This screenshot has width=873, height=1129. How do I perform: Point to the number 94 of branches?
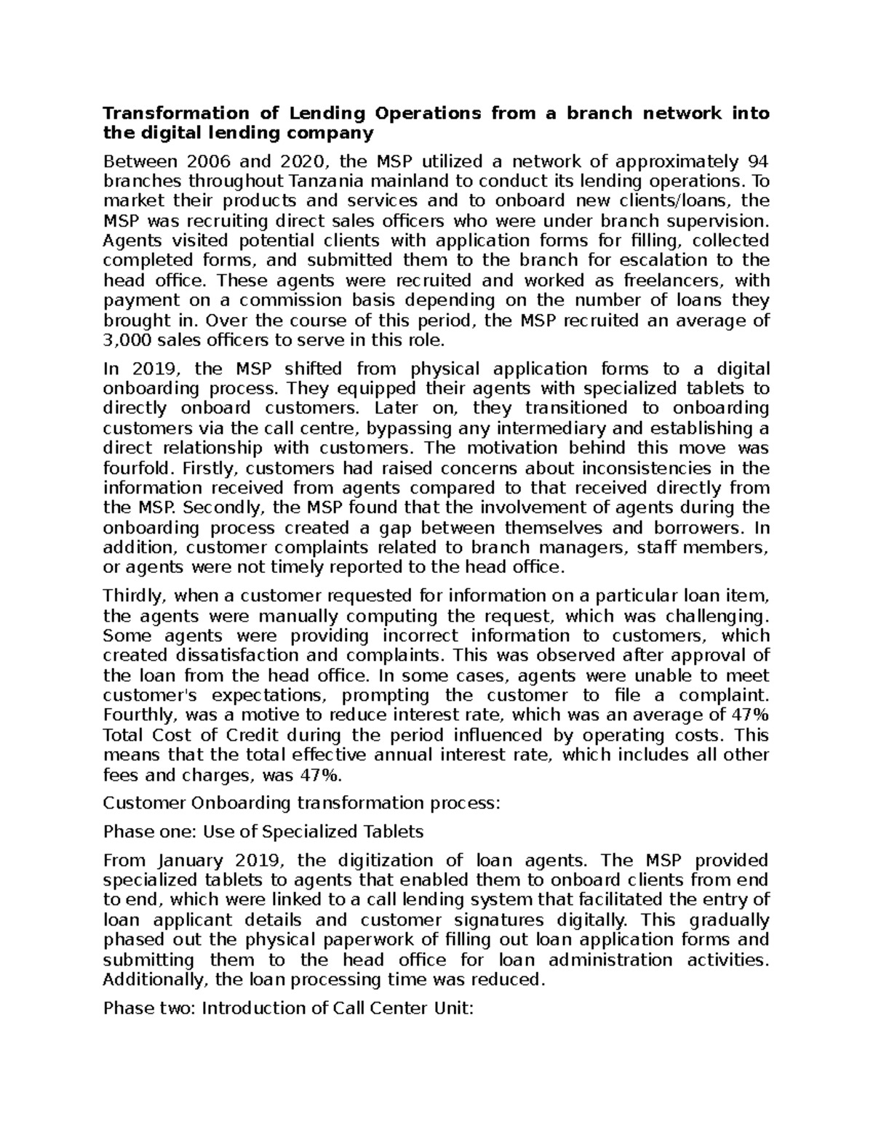[x=758, y=161]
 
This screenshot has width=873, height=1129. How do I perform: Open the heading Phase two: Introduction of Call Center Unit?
[x=289, y=1008]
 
